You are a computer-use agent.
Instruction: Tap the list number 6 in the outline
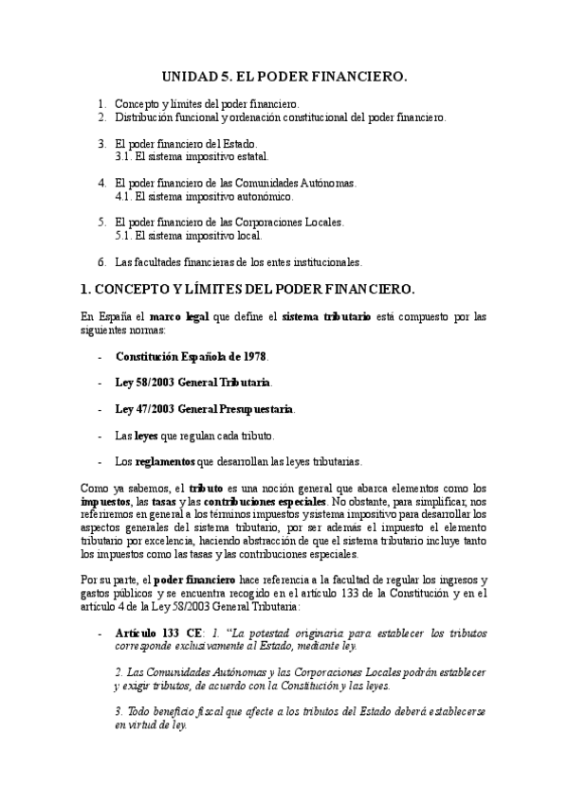coord(101,261)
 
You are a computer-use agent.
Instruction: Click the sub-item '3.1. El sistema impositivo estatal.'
coord(191,156)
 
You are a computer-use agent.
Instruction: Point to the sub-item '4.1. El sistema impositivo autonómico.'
coord(203,196)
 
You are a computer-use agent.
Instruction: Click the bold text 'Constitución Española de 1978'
coord(191,357)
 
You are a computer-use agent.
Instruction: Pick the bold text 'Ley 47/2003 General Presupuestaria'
coord(204,409)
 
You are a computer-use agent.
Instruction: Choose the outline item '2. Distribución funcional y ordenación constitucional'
coord(279,116)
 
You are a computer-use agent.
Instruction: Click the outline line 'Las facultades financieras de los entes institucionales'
coord(238,261)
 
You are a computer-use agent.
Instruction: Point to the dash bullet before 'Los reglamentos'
coord(101,462)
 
